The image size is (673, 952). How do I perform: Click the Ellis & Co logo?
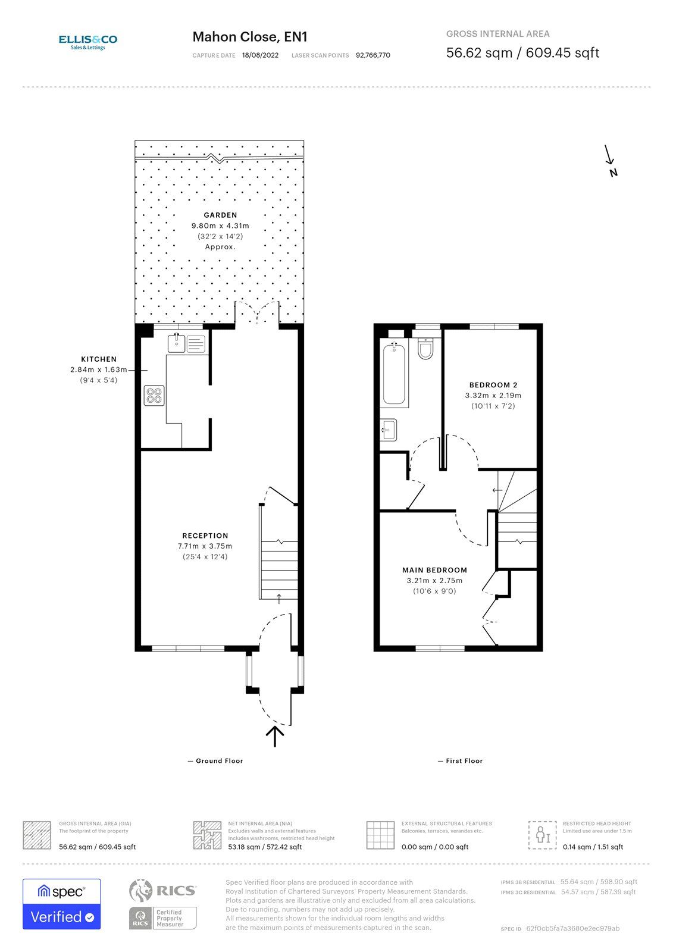point(87,41)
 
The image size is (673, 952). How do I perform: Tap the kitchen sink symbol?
point(176,343)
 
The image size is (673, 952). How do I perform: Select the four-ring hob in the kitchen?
point(154,396)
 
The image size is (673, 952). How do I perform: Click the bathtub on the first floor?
point(394,374)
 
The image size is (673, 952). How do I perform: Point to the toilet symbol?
point(425,349)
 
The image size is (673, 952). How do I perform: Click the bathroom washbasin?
point(389,429)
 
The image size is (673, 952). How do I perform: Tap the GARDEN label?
point(220,215)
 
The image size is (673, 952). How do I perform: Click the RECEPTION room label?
point(205,535)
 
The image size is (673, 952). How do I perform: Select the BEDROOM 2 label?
point(493,385)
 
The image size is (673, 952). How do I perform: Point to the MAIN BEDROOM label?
point(434,570)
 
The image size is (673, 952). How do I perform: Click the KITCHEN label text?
point(99,359)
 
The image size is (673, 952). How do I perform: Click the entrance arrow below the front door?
point(274,736)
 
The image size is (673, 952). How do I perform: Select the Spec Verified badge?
point(61,904)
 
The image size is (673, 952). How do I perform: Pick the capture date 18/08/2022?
point(260,55)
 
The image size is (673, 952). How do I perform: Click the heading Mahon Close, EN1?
point(249,37)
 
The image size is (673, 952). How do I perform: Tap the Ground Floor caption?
point(218,761)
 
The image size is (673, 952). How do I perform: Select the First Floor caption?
point(464,761)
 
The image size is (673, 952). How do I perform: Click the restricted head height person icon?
point(542,835)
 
